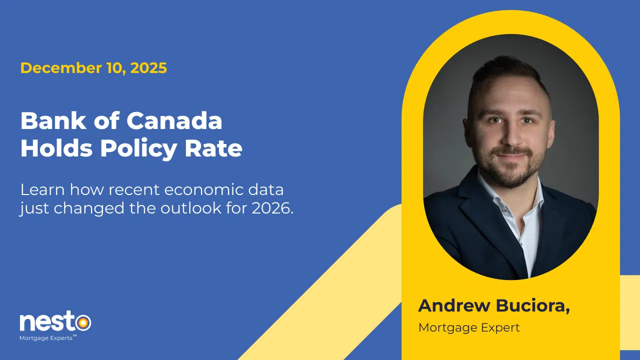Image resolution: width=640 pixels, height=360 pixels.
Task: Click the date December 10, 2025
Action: click(x=93, y=68)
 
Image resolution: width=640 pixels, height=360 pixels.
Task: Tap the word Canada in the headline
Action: click(x=174, y=121)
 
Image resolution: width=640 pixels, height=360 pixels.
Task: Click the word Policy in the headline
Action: click(x=138, y=149)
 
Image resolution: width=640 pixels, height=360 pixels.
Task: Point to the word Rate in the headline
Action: click(x=213, y=148)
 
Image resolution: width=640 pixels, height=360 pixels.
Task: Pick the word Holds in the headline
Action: click(x=56, y=148)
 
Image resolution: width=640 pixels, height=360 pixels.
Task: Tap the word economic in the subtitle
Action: click(x=203, y=190)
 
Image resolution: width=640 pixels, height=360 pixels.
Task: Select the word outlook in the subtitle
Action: click(x=191, y=208)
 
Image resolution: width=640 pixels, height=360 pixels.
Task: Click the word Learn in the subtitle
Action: click(x=42, y=190)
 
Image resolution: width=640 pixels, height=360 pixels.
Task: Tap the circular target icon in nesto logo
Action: click(x=83, y=323)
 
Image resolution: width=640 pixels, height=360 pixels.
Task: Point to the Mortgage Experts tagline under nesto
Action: click(x=48, y=338)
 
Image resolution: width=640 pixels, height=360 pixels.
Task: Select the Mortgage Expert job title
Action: click(x=469, y=328)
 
